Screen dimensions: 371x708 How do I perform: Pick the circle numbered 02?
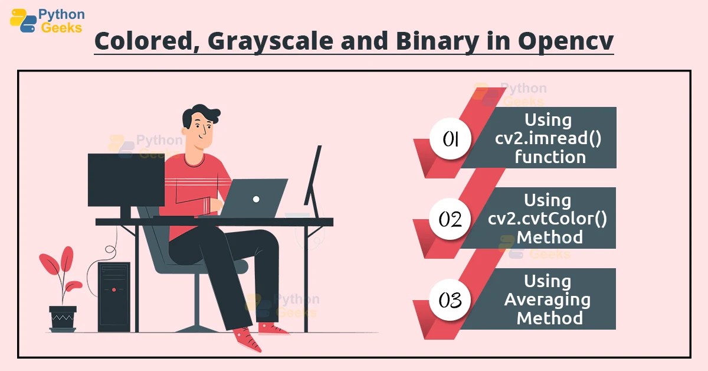(450, 219)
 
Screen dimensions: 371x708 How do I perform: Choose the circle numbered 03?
(450, 300)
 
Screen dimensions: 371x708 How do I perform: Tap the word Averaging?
(547, 300)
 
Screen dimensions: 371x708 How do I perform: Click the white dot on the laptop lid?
(256, 199)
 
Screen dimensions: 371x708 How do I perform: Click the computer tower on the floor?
(114, 295)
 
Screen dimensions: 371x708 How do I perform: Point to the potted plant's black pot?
(63, 318)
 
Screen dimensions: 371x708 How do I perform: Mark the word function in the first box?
(550, 157)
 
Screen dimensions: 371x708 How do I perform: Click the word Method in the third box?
(550, 318)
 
